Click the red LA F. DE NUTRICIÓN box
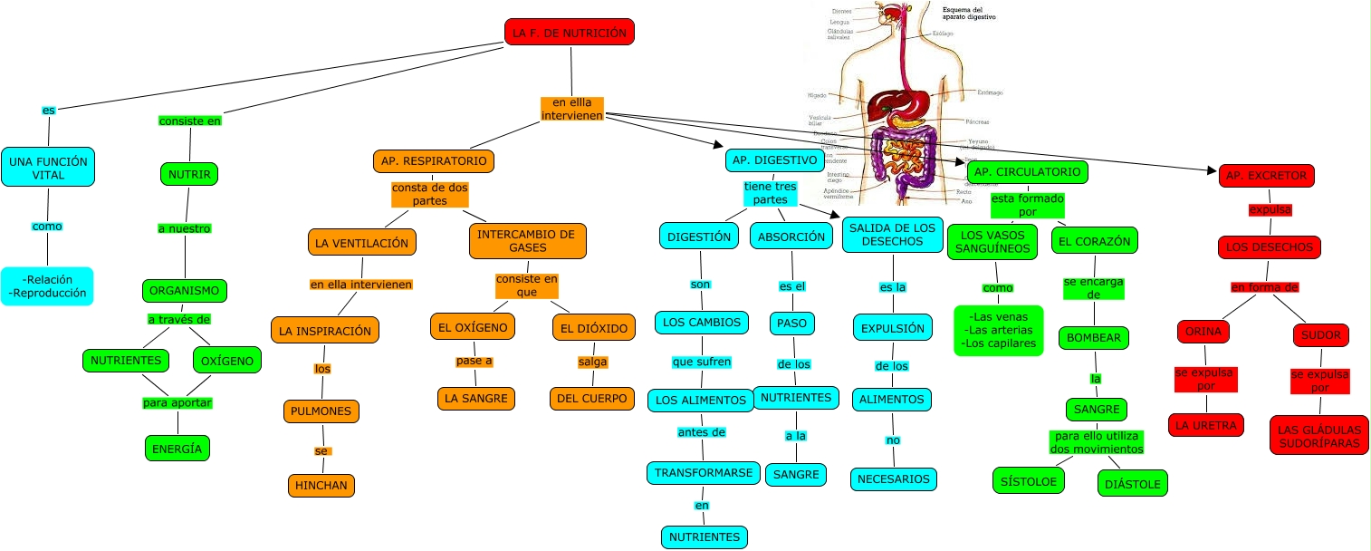pos(569,33)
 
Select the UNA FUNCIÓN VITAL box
pos(48,168)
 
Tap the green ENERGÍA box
pos(177,448)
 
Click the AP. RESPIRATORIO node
pos(433,161)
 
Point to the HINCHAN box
pos(321,485)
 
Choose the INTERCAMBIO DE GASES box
pos(527,240)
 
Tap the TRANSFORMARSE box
pos(703,472)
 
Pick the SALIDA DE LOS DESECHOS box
pos(893,235)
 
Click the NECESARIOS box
pos(894,478)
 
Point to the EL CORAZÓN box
pos(1094,240)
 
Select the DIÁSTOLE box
pos(1132,484)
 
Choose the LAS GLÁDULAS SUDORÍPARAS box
pos(1319,436)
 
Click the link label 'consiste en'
pos(190,121)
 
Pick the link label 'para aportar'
pos(177,402)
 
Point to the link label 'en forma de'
pos(1264,287)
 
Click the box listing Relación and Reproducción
pos(47,286)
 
